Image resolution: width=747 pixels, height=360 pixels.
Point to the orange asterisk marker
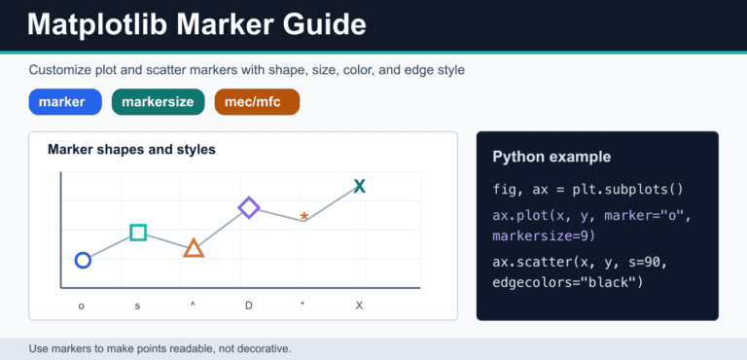point(304,217)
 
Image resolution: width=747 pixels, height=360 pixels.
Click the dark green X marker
point(360,186)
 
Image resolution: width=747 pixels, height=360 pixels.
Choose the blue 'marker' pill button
point(65,102)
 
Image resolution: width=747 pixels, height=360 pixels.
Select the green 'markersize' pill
point(159,102)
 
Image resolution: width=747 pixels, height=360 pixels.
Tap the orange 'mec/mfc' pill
point(257,102)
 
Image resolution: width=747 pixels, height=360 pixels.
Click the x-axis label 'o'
point(82,306)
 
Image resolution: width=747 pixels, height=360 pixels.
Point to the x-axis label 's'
point(137,306)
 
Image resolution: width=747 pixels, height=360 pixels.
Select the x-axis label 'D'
point(249,306)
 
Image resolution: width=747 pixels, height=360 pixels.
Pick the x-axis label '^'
point(193,304)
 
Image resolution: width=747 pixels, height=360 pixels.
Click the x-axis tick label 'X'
point(359,306)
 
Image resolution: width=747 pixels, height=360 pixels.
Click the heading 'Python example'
point(551,157)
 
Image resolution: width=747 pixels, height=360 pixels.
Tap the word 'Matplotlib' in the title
point(97,24)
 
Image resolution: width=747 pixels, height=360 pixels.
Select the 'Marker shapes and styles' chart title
point(131,150)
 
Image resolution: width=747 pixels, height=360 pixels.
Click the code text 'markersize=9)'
point(544,236)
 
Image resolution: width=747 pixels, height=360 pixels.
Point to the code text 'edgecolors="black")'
point(568,283)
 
